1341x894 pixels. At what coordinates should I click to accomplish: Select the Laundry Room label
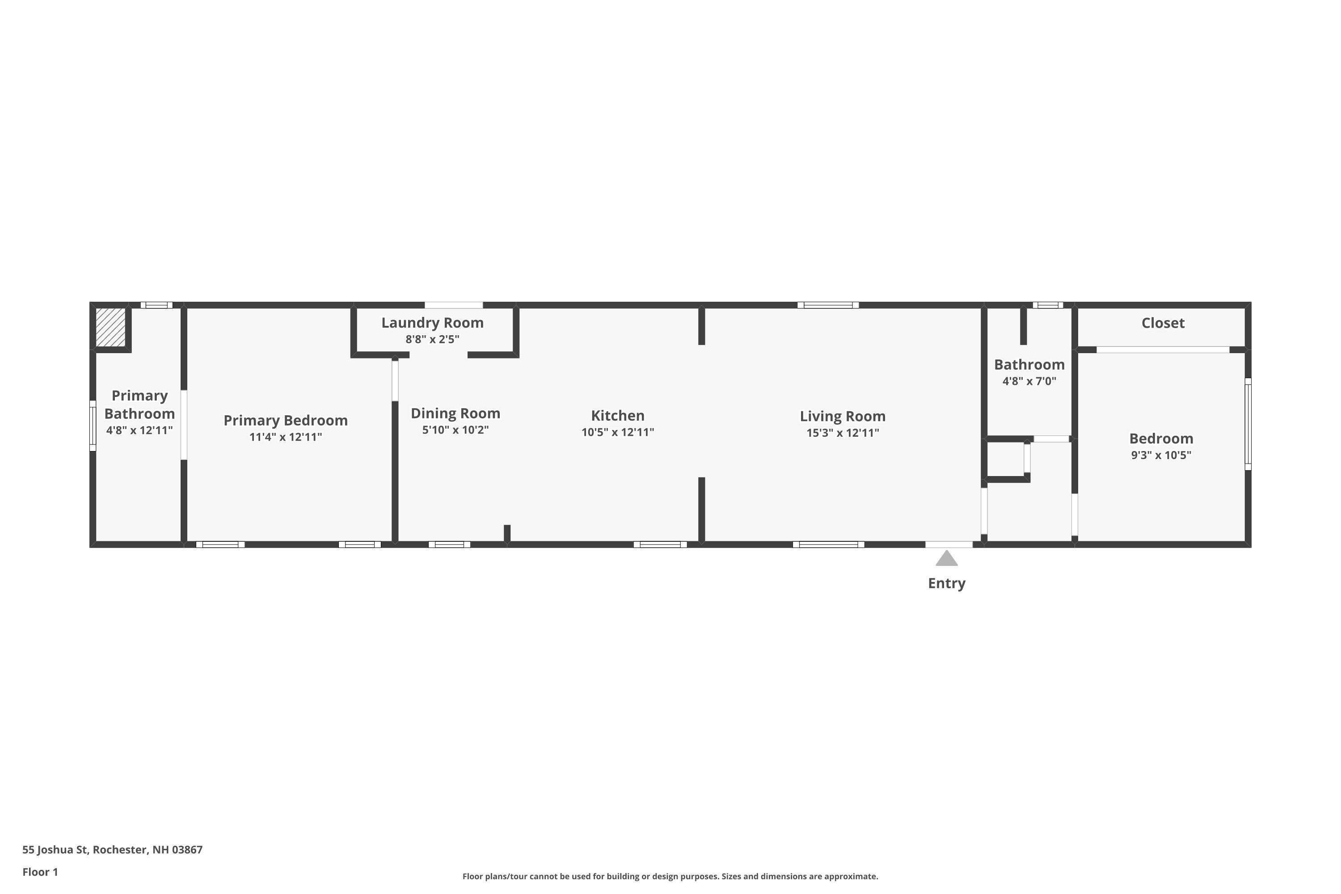tap(432, 323)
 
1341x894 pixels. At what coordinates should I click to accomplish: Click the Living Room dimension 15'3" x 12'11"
tap(843, 433)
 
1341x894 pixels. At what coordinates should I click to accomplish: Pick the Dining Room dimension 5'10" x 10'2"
tap(455, 430)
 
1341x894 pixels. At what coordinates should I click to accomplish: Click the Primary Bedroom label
tap(286, 421)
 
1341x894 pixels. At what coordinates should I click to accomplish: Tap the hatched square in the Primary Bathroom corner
tap(110, 327)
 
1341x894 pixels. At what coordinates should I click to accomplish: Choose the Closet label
tap(1163, 323)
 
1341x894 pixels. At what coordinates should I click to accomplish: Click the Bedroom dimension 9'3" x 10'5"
tap(1161, 455)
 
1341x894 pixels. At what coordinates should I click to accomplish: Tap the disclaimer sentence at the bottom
tap(670, 876)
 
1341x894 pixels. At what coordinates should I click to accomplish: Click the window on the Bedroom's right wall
tap(1248, 424)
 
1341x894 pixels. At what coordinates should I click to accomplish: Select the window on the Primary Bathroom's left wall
tap(93, 426)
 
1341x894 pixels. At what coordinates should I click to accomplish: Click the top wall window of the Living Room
tap(828, 305)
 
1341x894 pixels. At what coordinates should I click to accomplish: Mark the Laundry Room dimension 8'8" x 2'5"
tap(432, 339)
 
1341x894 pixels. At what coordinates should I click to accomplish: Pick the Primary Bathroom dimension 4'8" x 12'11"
tap(139, 430)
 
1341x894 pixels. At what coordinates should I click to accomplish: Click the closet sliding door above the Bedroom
tap(1163, 350)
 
